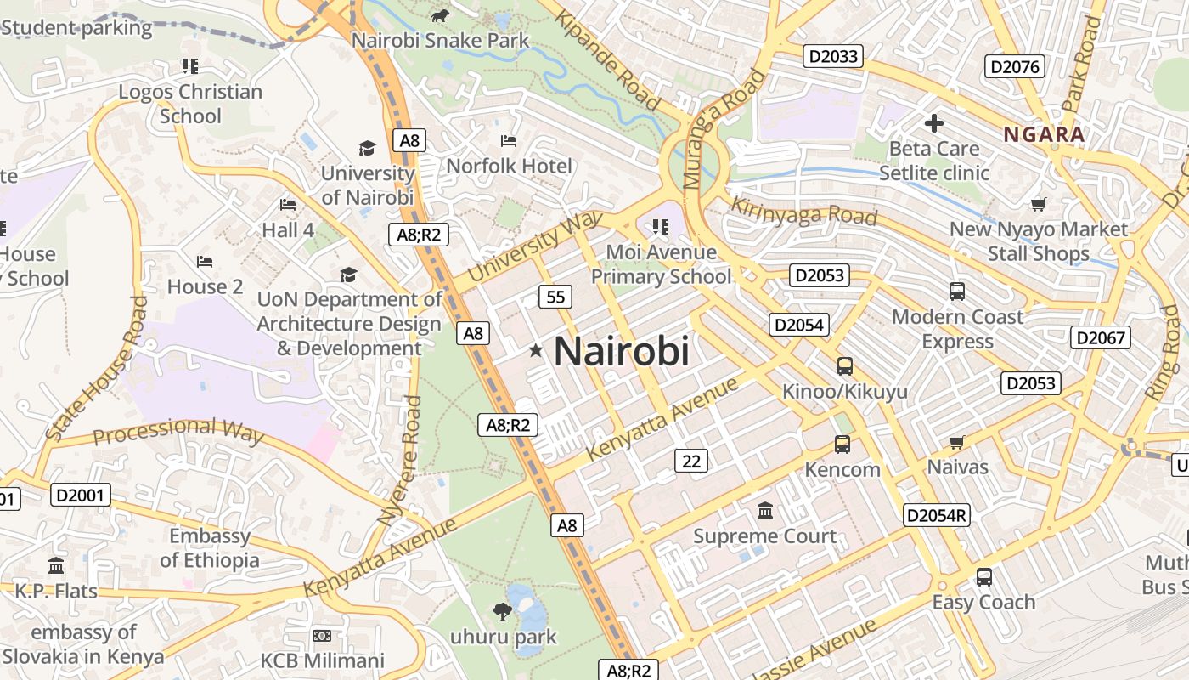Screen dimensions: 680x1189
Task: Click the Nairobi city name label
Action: click(x=621, y=351)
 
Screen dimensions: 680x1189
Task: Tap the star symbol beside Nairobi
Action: click(x=536, y=350)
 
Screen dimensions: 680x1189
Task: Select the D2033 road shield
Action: click(x=833, y=57)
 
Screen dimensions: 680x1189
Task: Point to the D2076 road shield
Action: click(x=1014, y=66)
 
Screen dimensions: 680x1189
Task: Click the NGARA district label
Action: click(x=1044, y=134)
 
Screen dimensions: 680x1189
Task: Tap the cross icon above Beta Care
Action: click(x=933, y=123)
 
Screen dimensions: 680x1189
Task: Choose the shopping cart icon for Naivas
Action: click(x=957, y=442)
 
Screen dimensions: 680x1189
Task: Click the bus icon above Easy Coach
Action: click(x=983, y=577)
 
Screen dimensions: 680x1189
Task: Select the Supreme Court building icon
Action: click(x=765, y=511)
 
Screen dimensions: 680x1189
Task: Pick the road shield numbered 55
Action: click(x=555, y=297)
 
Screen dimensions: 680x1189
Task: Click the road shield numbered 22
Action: click(x=691, y=461)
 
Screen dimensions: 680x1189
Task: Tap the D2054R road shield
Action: click(x=936, y=515)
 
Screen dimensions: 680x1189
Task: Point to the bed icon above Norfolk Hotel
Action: click(x=509, y=140)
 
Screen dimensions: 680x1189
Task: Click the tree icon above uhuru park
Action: click(x=503, y=610)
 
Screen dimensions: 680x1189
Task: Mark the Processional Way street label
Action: click(x=178, y=430)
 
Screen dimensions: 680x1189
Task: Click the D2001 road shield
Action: click(x=81, y=495)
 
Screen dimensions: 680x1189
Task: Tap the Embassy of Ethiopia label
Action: click(x=209, y=548)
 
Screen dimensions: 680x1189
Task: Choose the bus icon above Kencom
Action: click(x=842, y=445)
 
